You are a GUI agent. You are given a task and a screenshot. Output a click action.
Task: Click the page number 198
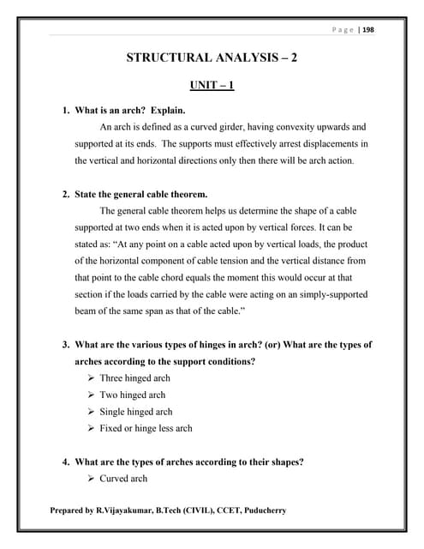click(369, 30)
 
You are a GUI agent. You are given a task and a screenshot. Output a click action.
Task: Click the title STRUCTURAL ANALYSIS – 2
click(212, 59)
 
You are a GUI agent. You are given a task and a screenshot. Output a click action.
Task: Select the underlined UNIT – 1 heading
click(212, 87)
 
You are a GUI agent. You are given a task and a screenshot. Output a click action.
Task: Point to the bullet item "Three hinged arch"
click(134, 378)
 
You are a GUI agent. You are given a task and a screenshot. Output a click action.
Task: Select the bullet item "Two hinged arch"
click(132, 395)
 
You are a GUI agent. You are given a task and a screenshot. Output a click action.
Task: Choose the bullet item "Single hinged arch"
click(135, 412)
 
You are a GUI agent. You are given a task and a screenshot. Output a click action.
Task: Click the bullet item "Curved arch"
click(123, 478)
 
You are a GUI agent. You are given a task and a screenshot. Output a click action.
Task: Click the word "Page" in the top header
click(344, 30)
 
